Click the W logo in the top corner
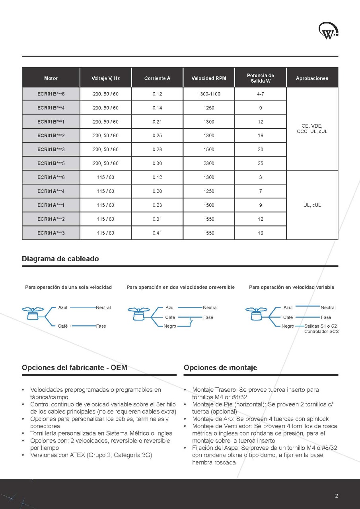tap(328, 31)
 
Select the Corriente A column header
tap(157, 78)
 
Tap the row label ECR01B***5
tap(51, 163)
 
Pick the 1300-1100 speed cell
tap(209, 94)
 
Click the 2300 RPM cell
tap(209, 163)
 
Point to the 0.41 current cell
tap(157, 233)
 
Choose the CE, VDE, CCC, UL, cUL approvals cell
tap(312, 128)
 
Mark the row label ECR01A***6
tap(51, 177)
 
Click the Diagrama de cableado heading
tap(60, 259)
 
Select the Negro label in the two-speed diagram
tap(170, 326)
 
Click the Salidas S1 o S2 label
tap(321, 326)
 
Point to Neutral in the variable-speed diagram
tap(328, 307)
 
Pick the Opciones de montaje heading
tap(220, 367)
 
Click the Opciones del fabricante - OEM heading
tap(74, 367)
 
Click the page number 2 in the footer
tap(337, 496)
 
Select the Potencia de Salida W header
tap(261, 78)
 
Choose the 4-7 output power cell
tap(261, 94)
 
